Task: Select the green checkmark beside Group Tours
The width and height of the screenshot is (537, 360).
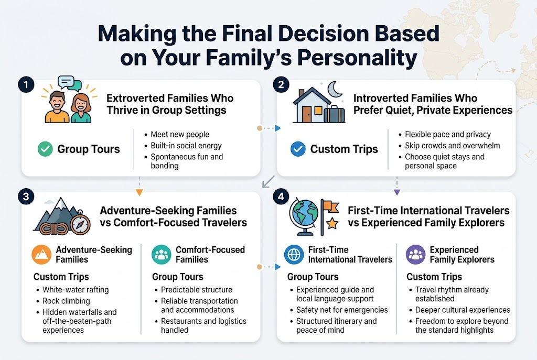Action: [45, 149]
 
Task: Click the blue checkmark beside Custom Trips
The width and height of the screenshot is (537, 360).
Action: [298, 149]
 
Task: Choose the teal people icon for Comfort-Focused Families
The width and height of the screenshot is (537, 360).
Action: [162, 255]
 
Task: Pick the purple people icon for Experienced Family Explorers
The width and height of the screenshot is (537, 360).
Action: [415, 255]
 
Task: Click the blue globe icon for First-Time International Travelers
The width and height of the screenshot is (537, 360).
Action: [294, 255]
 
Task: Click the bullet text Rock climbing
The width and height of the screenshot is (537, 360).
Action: [66, 301]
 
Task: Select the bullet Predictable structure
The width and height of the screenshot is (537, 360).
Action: [196, 290]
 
